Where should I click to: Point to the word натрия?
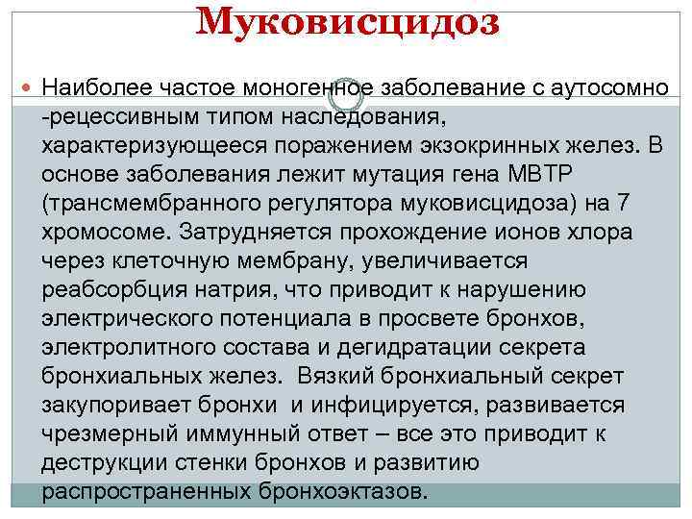tap(219, 290)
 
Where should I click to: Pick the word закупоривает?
tap(109, 405)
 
